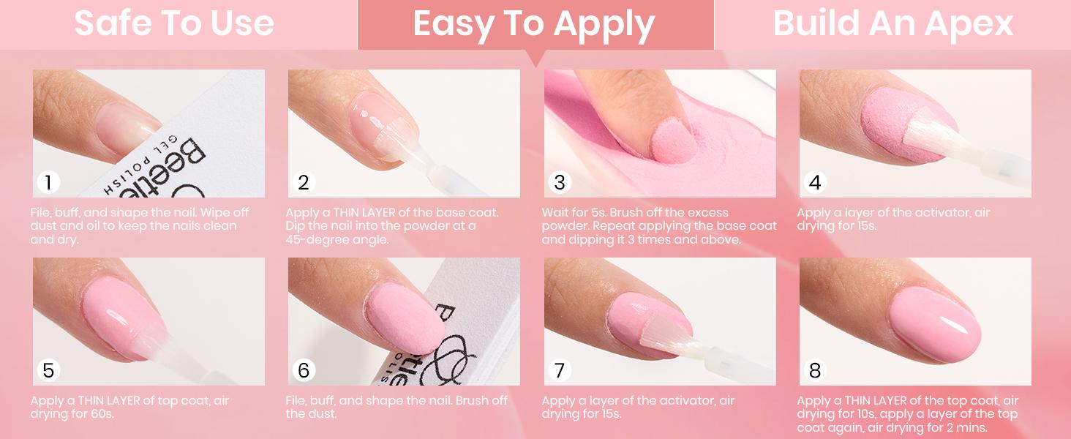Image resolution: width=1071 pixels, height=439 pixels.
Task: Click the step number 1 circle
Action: click(x=48, y=182)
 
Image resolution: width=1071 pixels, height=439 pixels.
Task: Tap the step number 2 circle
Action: click(x=304, y=182)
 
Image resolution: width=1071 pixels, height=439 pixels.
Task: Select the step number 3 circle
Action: click(x=560, y=182)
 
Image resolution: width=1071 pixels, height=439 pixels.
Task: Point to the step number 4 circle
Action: click(x=815, y=182)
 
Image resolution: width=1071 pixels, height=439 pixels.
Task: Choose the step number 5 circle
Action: click(x=48, y=370)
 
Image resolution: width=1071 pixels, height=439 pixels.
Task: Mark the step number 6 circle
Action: click(x=304, y=370)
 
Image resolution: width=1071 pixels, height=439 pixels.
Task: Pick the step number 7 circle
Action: click(x=560, y=370)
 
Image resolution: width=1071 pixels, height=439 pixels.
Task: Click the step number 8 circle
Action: click(x=815, y=370)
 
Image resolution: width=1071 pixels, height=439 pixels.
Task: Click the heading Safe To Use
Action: click(x=174, y=23)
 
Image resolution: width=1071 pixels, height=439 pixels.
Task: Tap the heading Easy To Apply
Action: click(x=534, y=23)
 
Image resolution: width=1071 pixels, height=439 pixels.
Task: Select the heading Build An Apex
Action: click(x=892, y=23)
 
